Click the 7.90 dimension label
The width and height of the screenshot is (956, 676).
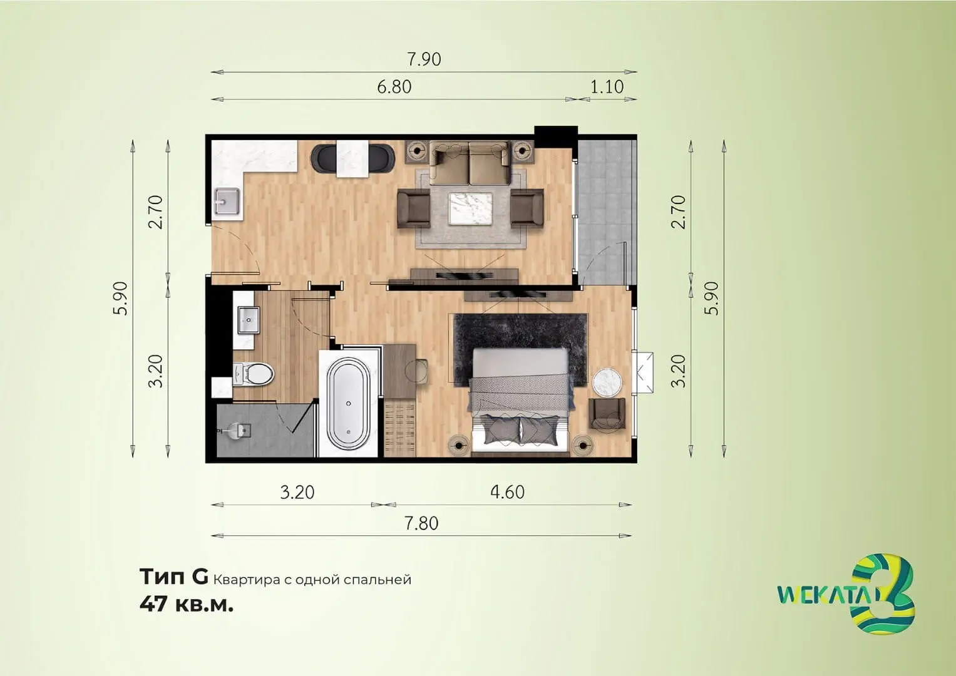coord(424,59)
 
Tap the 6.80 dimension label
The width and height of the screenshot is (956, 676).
coord(394,86)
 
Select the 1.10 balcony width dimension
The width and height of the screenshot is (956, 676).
coord(607,86)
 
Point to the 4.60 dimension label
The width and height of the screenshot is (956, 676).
coord(507,492)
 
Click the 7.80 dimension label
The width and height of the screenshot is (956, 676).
coord(422,523)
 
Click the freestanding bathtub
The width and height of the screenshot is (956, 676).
coord(348,403)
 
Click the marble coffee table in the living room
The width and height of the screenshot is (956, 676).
coord(470,208)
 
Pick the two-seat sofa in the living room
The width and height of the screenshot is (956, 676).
coord(470,164)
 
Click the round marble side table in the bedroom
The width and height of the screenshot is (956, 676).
coord(607,382)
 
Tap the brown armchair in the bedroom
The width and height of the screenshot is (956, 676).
coord(607,414)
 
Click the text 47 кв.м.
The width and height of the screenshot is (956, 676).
coord(187,605)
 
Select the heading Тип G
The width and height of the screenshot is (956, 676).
coord(173,577)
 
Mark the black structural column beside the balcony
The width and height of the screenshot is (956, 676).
coord(556,136)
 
